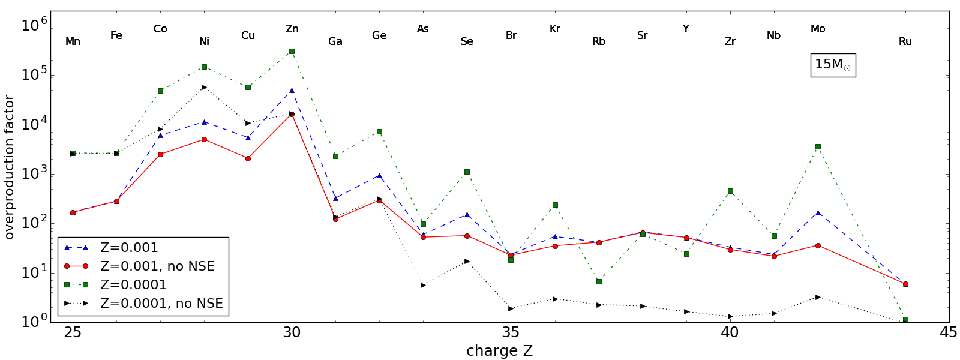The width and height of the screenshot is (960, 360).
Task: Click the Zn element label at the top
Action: pos(292,29)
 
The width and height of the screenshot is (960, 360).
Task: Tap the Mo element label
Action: pos(818,29)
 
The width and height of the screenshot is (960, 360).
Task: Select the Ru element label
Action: pos(905,41)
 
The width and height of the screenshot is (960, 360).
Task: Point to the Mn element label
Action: pos(73,41)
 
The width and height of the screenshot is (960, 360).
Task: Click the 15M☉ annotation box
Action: pos(833,65)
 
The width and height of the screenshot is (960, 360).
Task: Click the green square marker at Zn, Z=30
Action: pos(292,52)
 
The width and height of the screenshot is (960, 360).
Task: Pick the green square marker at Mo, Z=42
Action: pos(818,146)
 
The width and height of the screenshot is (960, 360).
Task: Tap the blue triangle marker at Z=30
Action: pos(292,91)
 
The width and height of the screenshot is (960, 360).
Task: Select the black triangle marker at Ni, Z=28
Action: pos(204,87)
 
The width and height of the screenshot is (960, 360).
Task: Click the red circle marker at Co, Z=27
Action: pos(160,154)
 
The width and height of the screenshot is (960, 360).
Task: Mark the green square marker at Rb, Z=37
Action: pos(599,281)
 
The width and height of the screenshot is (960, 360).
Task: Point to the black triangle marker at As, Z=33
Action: pos(423,285)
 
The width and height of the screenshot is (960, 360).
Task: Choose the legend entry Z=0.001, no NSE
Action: pos(157,266)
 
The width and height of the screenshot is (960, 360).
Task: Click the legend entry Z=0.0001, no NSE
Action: pos(161,303)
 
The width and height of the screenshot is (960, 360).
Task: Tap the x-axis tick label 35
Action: pos(511,332)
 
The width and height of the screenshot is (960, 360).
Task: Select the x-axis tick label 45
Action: pos(949,332)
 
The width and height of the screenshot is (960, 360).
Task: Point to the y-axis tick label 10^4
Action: pos(34,125)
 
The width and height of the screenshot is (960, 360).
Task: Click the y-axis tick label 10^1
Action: pos(34,274)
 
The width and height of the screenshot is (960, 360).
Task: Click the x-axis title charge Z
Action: pos(499,351)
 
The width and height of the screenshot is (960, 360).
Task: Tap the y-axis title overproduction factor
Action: pos(9,167)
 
